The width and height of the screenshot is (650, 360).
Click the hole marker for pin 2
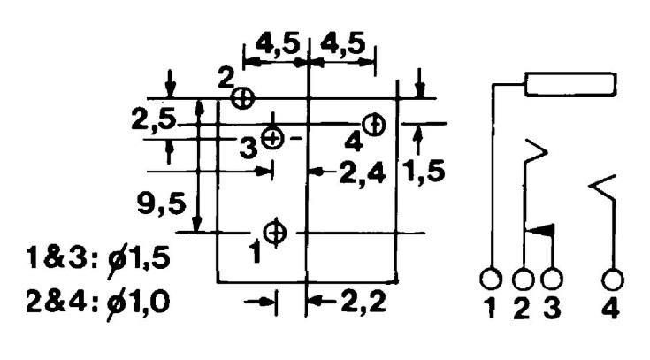[x=241, y=96]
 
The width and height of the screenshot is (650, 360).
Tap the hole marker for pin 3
[x=274, y=138]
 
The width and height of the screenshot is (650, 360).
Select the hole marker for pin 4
[x=374, y=125]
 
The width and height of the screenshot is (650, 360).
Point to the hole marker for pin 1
[x=276, y=233]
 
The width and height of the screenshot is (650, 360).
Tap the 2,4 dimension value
[x=362, y=173]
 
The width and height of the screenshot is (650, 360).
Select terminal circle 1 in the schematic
[x=492, y=280]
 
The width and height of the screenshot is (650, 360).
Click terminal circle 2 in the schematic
[x=523, y=280]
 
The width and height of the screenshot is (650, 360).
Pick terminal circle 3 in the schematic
[x=553, y=280]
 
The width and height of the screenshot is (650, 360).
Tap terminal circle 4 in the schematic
[x=611, y=280]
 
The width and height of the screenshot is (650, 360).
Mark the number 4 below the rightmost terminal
[x=612, y=311]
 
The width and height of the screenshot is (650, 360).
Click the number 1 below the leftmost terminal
[x=492, y=311]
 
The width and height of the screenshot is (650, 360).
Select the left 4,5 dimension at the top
[x=276, y=45]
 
